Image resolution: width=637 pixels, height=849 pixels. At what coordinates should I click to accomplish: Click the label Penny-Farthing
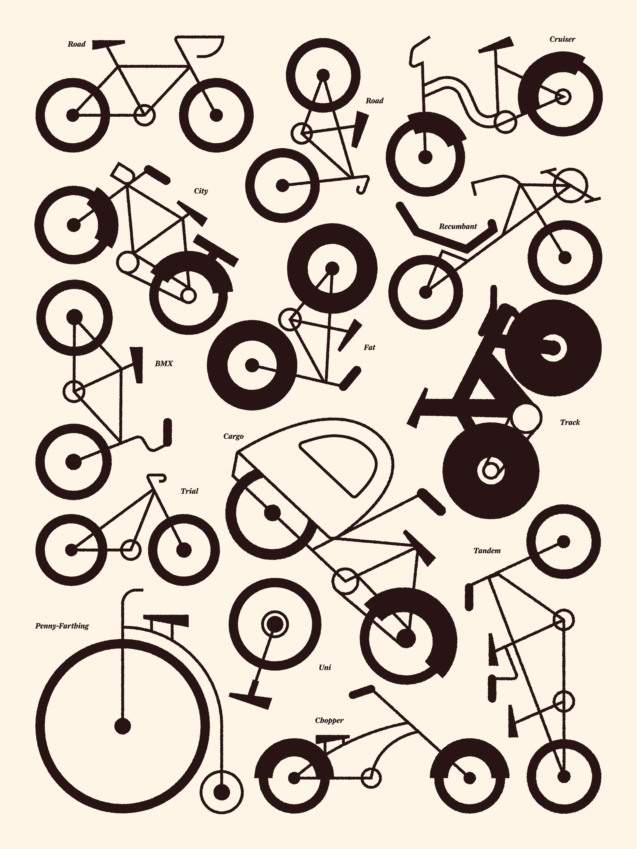pos(62,626)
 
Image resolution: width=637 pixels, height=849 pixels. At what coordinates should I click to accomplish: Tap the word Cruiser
pos(562,39)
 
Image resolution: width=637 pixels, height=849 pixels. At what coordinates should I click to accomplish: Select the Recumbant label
pos(458,226)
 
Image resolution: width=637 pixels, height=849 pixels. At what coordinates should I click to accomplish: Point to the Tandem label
pos(487,551)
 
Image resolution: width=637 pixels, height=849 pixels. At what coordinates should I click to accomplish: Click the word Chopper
pos(329,720)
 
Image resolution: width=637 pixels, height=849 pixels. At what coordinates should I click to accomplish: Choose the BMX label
pos(164,363)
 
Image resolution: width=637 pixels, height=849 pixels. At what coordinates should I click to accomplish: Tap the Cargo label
pos(233,436)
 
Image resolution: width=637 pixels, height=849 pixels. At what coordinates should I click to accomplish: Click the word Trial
pos(189,491)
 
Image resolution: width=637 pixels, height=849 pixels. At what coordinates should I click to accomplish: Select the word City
pos(201,191)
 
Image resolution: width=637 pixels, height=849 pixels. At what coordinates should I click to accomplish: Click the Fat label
pos(369,347)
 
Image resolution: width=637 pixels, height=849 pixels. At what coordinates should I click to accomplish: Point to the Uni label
pos(325,668)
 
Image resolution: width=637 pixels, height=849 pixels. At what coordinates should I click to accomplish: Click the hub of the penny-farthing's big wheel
pos(123,726)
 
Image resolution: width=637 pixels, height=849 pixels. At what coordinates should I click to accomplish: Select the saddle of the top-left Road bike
pos(108,44)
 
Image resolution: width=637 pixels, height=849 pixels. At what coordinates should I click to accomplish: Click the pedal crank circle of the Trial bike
pos(131,550)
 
